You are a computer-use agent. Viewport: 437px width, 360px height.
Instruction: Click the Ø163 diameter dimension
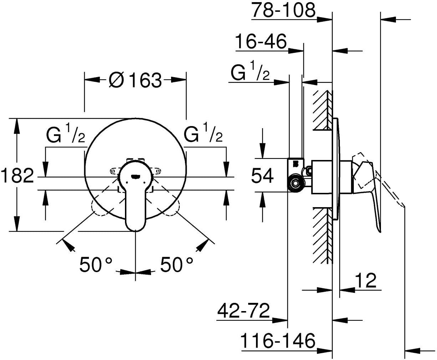(135, 81)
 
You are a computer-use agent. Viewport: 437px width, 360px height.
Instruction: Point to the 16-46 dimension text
(261, 42)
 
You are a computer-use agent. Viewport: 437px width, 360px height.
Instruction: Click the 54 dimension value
(262, 176)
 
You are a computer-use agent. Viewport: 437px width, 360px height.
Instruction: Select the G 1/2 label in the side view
(250, 74)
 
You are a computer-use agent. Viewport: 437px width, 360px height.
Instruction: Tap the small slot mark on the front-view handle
(136, 176)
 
